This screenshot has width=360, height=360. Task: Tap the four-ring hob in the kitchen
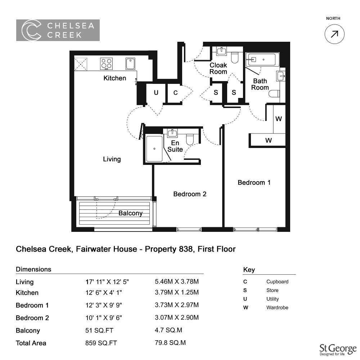click(107, 64)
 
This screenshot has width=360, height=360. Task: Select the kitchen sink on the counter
click(130, 64)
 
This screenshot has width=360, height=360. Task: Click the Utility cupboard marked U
click(156, 93)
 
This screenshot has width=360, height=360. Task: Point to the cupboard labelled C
click(175, 93)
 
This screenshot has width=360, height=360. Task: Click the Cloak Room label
click(218, 68)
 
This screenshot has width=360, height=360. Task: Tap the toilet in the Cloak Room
click(235, 57)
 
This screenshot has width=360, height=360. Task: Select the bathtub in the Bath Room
click(261, 60)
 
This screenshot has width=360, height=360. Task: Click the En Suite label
click(175, 146)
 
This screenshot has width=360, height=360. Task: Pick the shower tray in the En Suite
click(154, 149)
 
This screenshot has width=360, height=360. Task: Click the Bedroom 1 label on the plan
click(254, 183)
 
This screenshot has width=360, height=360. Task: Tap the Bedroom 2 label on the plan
click(190, 194)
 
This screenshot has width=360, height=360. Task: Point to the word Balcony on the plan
click(130, 213)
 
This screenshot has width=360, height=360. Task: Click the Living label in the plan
click(112, 159)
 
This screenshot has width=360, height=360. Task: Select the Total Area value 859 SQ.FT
click(101, 343)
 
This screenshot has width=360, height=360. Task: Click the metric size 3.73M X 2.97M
click(177, 305)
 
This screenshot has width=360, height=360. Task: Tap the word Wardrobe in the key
click(277, 307)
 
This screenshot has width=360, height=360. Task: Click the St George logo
click(338, 350)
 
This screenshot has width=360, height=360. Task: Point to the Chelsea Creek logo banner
click(58, 30)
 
